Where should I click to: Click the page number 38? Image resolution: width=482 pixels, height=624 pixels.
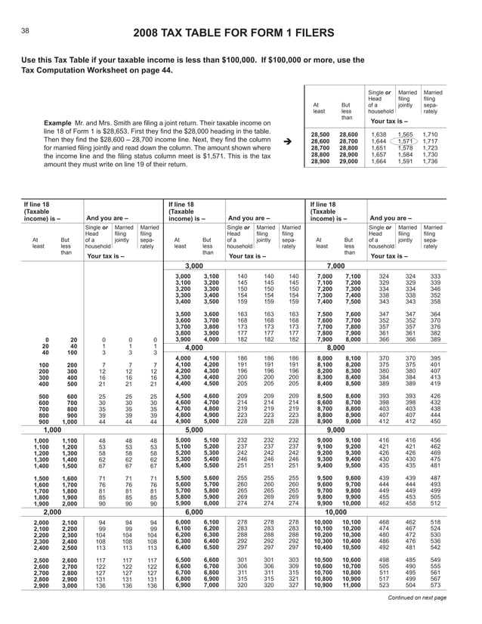coord(25,31)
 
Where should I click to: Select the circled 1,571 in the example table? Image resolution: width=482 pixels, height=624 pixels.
coord(406,141)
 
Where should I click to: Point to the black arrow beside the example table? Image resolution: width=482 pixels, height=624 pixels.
coord(286,141)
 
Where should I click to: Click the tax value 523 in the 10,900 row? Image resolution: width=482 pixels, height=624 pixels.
coord(383,585)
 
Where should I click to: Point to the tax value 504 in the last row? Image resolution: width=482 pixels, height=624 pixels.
coord(407,585)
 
